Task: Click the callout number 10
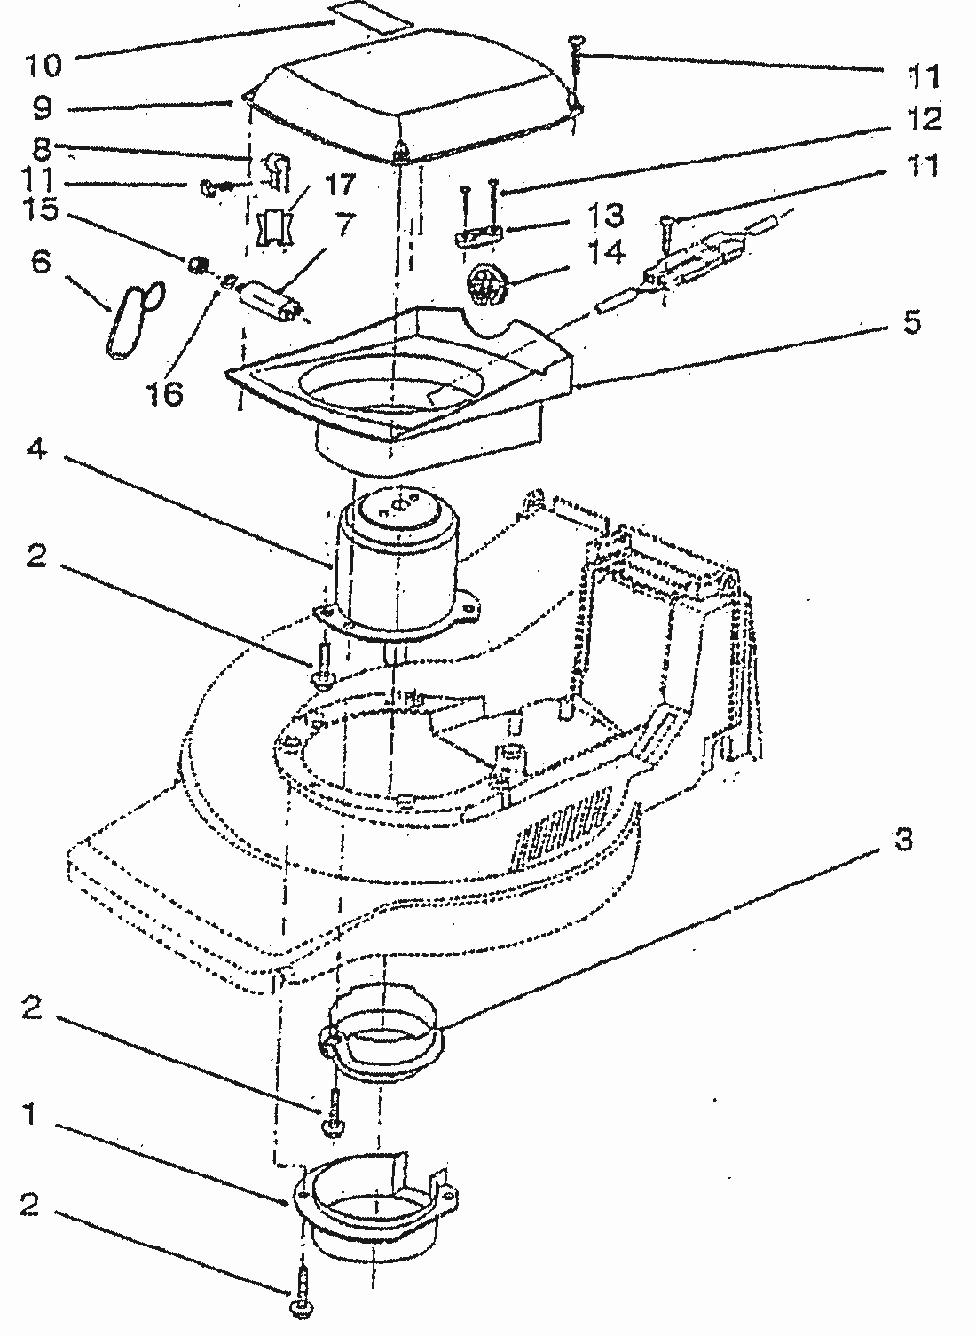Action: click(x=42, y=66)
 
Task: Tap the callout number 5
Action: click(x=911, y=321)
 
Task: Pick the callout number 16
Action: click(x=164, y=393)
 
